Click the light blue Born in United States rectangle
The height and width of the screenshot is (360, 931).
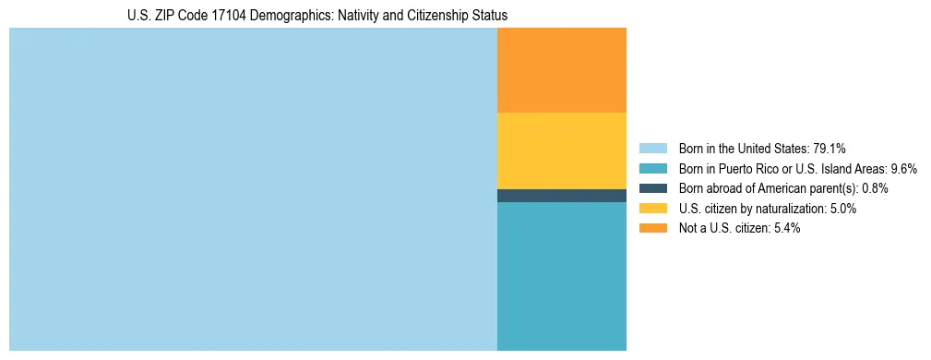coord(253,189)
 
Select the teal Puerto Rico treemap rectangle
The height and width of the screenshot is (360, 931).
coord(561,276)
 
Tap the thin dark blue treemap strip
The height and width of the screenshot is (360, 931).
coord(561,196)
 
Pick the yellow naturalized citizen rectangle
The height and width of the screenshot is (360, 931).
coord(561,150)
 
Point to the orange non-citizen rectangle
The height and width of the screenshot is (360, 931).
coord(561,70)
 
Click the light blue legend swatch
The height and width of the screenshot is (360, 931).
coord(652,148)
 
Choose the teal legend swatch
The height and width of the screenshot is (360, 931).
coord(652,168)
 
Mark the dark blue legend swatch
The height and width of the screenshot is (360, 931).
coord(652,188)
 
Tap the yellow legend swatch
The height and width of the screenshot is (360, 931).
coord(652,209)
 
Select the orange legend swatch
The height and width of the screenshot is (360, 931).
coord(652,229)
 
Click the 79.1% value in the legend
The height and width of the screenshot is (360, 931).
coord(830,148)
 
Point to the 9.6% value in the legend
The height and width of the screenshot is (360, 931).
coord(902,168)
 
